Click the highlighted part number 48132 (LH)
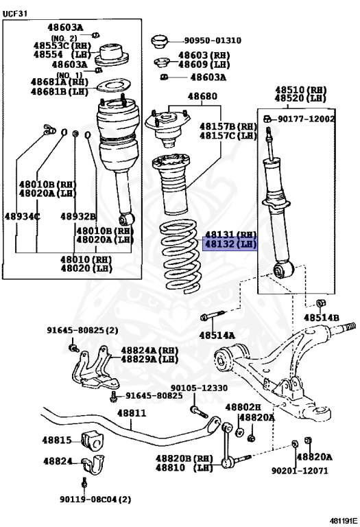[230, 244]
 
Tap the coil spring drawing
[180, 256]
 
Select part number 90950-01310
[213, 40]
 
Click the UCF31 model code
[15, 14]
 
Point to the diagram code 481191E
[344, 520]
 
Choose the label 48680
[202, 96]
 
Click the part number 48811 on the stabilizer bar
[131, 412]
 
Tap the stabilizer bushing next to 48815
[93, 441]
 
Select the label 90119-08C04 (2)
[95, 500]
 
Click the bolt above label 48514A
[213, 316]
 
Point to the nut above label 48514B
[321, 303]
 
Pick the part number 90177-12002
[307, 119]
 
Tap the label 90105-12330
[199, 388]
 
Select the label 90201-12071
[300, 471]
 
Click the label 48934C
[22, 216]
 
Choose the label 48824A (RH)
[149, 350]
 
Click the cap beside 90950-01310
[159, 41]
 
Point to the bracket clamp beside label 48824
[93, 465]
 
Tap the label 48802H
[243, 408]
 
